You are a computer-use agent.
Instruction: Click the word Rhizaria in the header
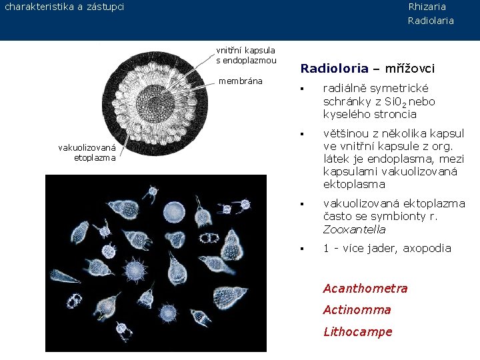(427, 7)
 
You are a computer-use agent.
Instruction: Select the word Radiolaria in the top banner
(431, 21)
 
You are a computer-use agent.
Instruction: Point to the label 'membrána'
(241, 81)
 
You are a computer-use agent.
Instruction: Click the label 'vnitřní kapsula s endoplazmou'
(246, 55)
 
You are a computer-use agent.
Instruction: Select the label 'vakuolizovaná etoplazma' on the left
(87, 153)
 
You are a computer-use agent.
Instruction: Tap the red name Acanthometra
(365, 289)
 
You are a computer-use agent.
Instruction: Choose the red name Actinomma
(357, 310)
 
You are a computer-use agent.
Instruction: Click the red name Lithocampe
(357, 331)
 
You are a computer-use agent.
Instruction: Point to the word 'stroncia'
(396, 114)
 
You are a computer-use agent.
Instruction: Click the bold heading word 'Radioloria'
(334, 69)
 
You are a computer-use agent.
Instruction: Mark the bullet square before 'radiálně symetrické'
(302, 89)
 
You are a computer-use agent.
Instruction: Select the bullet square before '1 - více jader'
(302, 249)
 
